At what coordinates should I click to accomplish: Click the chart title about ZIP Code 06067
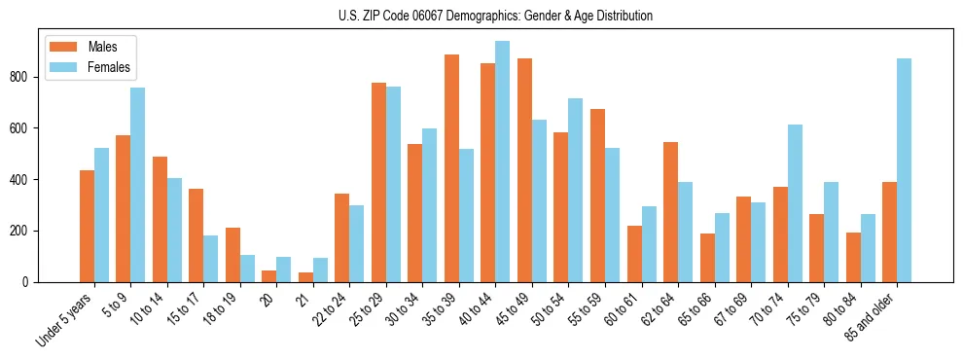click(481, 16)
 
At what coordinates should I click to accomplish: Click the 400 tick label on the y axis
click(23, 180)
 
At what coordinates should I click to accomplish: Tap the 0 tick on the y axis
click(30, 282)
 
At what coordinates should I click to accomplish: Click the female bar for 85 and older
click(904, 170)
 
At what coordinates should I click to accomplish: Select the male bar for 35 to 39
click(451, 168)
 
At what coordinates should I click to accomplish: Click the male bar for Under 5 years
click(87, 226)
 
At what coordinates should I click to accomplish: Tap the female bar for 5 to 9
click(137, 185)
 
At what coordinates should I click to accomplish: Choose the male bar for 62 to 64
click(670, 212)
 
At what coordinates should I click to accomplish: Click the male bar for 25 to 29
click(378, 183)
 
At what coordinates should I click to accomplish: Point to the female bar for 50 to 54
click(575, 191)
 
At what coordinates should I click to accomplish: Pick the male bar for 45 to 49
click(524, 170)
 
